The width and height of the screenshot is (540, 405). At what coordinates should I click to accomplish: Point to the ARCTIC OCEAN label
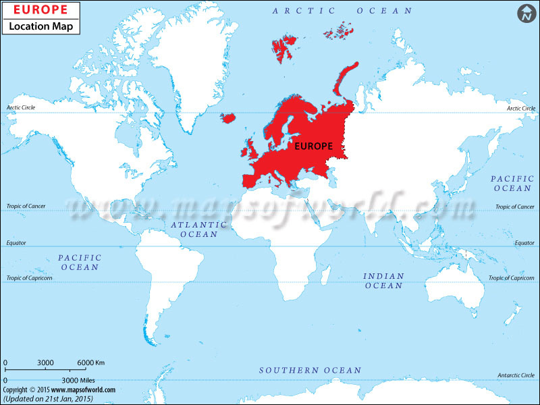[342, 11]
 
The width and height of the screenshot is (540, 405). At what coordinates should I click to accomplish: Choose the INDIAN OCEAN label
[383, 281]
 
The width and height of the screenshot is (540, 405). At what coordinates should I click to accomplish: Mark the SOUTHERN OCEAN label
[310, 371]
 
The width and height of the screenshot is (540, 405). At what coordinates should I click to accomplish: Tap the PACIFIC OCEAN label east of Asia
[512, 183]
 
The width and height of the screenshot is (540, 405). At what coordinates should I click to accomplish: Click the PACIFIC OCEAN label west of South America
[80, 263]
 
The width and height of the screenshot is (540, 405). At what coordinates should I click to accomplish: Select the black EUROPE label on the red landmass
[314, 145]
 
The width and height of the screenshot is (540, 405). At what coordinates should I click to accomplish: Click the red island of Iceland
[227, 118]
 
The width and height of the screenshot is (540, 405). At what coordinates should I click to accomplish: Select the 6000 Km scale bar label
[90, 363]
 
